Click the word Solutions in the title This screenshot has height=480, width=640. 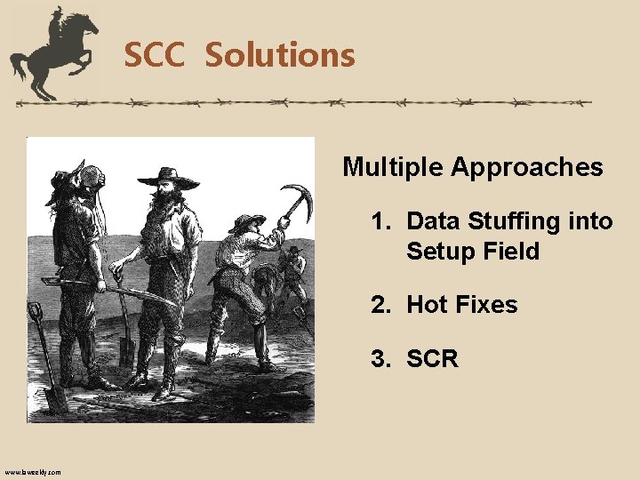(280, 55)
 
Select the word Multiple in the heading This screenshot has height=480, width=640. (393, 167)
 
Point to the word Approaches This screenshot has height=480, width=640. (527, 167)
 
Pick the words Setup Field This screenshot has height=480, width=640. (473, 252)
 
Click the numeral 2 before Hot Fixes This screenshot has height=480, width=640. (379, 305)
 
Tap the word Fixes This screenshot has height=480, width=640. (484, 305)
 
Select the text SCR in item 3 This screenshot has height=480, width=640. (432, 359)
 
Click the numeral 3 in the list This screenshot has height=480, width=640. (379, 359)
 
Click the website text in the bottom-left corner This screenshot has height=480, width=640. (33, 472)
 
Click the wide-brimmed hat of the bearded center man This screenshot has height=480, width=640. (167, 175)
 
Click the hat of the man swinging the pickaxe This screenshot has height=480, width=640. (246, 221)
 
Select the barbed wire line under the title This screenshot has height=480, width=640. (302, 103)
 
